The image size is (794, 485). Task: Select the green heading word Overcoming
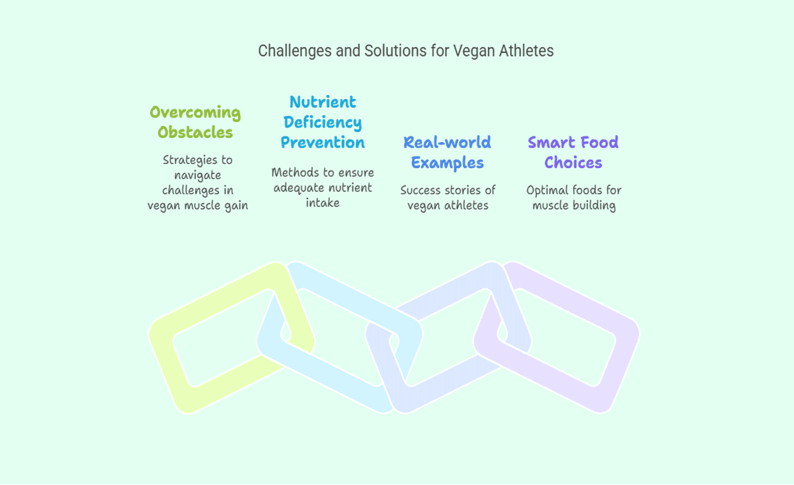(x=195, y=113)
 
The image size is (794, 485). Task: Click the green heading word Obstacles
(x=195, y=132)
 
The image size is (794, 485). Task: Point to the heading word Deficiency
(x=323, y=123)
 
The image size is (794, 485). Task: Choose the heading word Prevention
(x=323, y=142)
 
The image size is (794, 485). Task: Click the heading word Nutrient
(x=323, y=102)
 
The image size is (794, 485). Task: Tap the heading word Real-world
(x=447, y=142)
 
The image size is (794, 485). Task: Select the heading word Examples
(x=447, y=163)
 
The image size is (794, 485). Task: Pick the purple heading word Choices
(x=573, y=163)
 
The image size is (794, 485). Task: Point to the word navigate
(x=198, y=176)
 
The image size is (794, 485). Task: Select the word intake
(x=323, y=203)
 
